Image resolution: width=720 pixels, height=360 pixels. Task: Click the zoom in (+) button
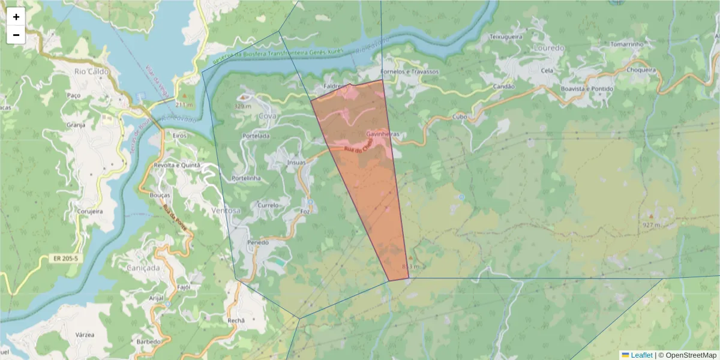pyautogui.click(x=16, y=17)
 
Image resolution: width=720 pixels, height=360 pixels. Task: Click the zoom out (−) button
pyautogui.click(x=16, y=35)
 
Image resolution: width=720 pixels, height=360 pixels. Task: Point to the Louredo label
pyautogui.click(x=548, y=47)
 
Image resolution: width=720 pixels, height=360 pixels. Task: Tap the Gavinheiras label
pyautogui.click(x=382, y=134)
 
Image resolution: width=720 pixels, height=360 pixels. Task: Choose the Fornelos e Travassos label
pyautogui.click(x=410, y=71)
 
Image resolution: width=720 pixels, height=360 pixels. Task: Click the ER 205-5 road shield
pyautogui.click(x=65, y=258)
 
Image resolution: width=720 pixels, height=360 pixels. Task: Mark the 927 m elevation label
pyautogui.click(x=650, y=225)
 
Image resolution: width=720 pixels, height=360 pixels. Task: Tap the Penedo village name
pyautogui.click(x=257, y=242)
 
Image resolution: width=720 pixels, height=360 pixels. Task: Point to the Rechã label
pyautogui.click(x=236, y=320)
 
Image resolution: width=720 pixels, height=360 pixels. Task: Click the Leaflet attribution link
pyautogui.click(x=641, y=355)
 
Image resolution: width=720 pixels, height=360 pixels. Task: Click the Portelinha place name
pyautogui.click(x=245, y=178)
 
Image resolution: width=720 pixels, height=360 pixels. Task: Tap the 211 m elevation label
pyautogui.click(x=184, y=104)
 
